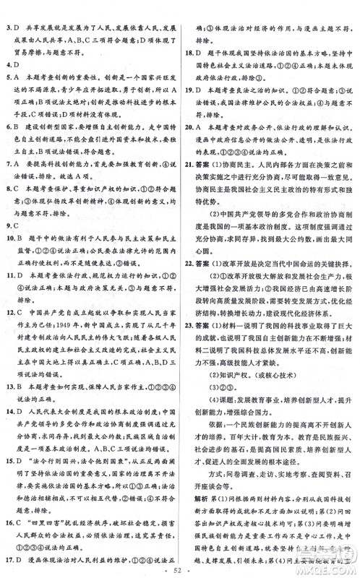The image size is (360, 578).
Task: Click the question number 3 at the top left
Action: point(7,9)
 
